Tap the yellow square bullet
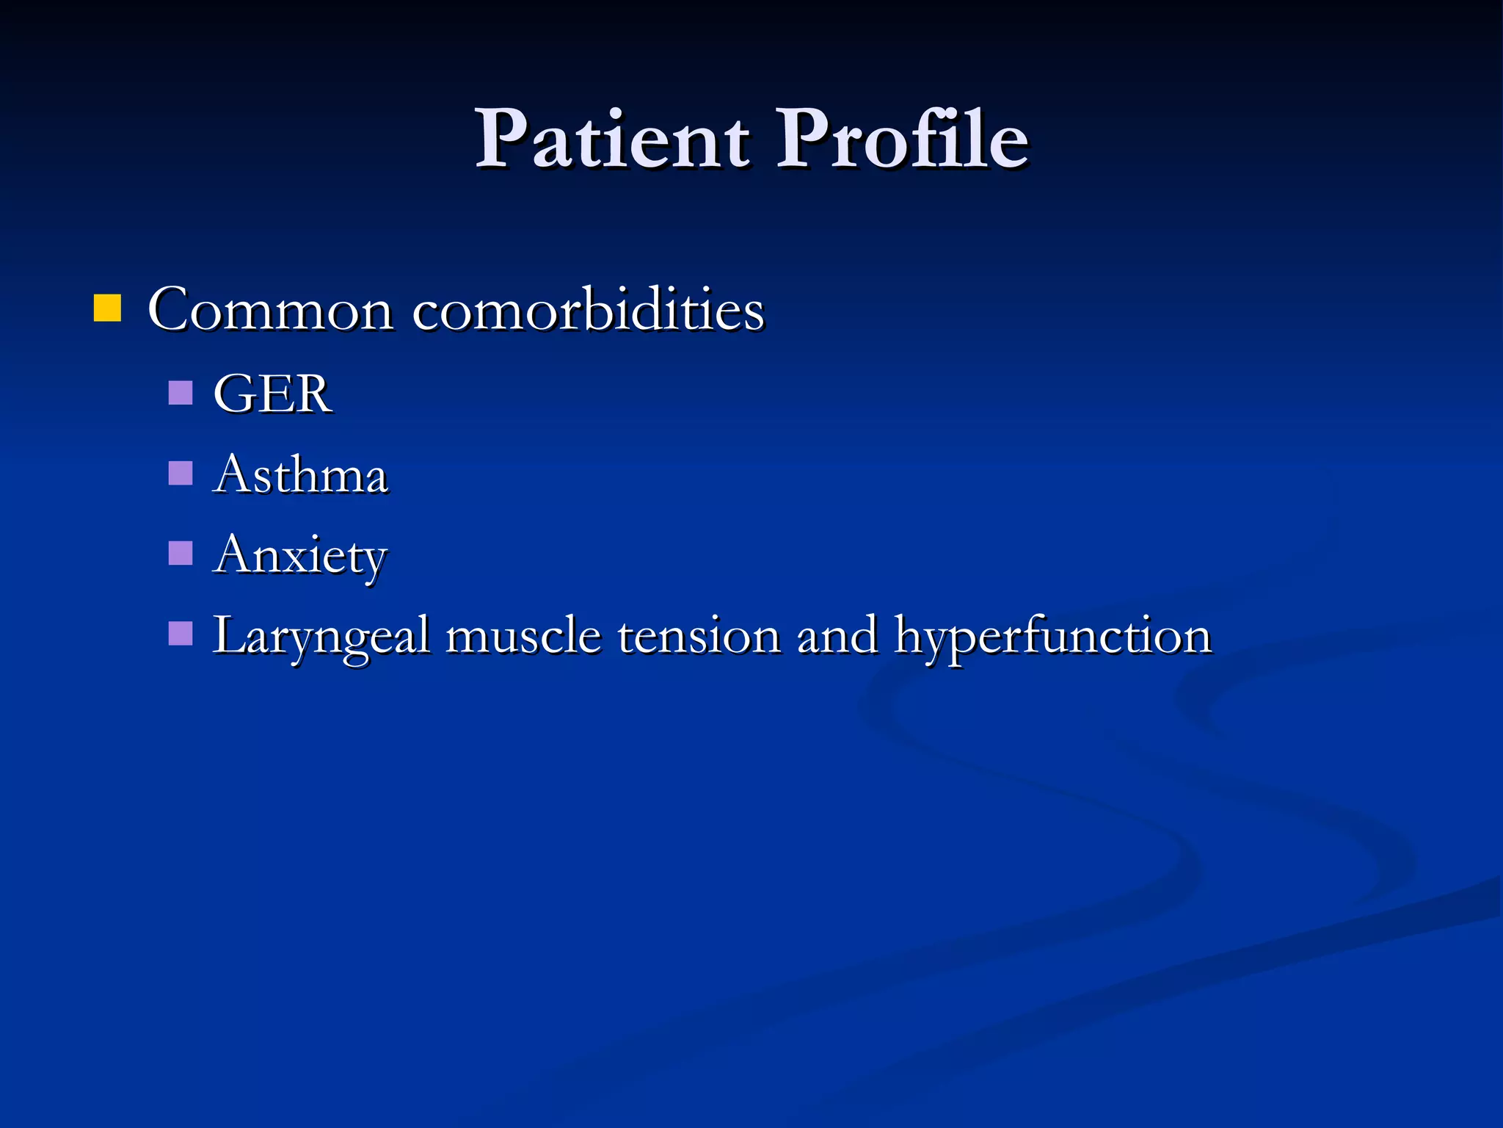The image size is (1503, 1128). tap(107, 308)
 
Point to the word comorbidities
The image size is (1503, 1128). tap(588, 311)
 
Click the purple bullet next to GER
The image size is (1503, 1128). tap(181, 393)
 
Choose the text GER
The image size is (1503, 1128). tap(272, 394)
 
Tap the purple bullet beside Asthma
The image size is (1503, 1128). tap(181, 474)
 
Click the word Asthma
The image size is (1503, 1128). tap(300, 475)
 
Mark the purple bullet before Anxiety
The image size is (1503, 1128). tap(181, 553)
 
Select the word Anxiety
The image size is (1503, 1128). tap(300, 556)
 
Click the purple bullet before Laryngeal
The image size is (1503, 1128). tap(181, 633)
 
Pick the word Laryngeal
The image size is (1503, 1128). tap(321, 637)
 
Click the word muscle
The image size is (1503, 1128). tap(523, 637)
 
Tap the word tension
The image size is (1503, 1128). tap(699, 637)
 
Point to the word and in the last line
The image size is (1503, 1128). tap(837, 637)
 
